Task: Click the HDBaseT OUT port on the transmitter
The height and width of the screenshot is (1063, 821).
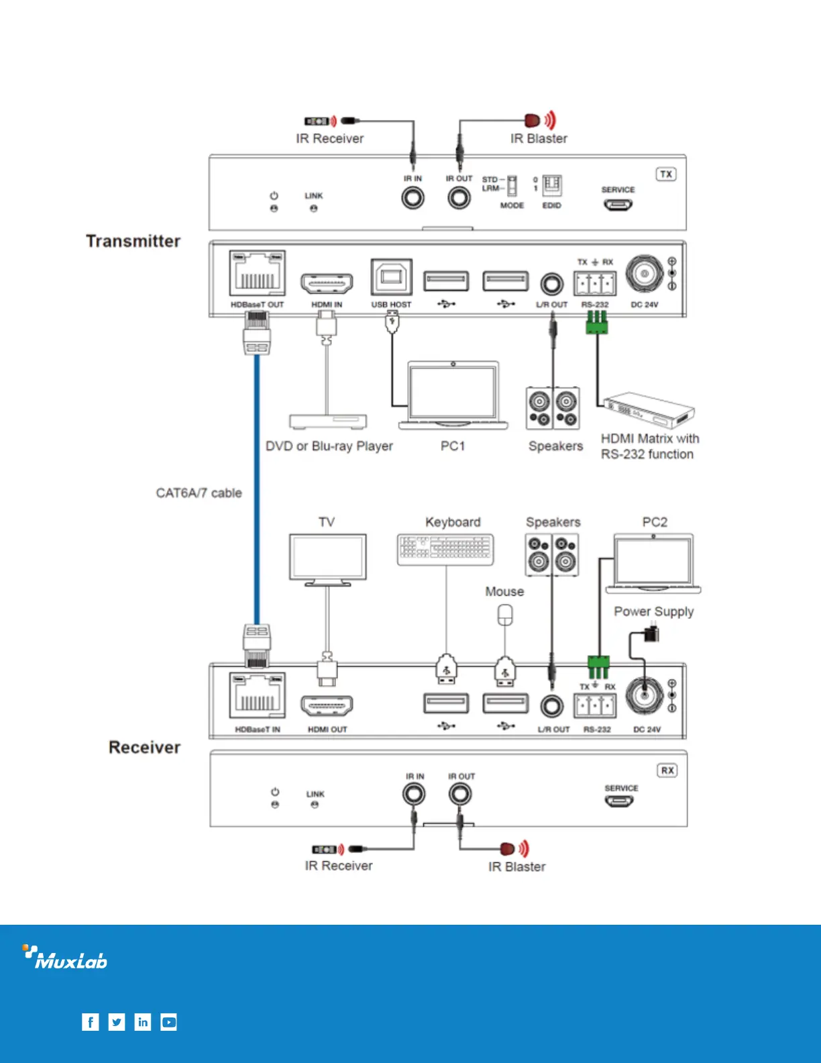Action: pyautogui.click(x=257, y=273)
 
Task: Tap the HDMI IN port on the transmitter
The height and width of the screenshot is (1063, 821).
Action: pyautogui.click(x=327, y=284)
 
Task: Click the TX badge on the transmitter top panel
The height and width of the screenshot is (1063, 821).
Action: pyautogui.click(x=665, y=174)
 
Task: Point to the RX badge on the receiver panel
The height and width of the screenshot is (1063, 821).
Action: pyautogui.click(x=667, y=770)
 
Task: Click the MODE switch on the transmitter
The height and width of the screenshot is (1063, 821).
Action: pyautogui.click(x=512, y=185)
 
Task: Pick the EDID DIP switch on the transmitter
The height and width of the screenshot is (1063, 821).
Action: pyautogui.click(x=551, y=185)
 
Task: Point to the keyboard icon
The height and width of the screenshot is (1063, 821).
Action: pyautogui.click(x=445, y=550)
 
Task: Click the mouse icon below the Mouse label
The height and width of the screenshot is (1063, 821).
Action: pyautogui.click(x=505, y=615)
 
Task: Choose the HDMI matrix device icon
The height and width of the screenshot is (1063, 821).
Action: pyautogui.click(x=649, y=410)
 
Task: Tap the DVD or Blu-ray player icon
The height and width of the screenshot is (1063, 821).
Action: pyautogui.click(x=328, y=421)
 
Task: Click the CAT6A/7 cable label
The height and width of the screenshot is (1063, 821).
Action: pyautogui.click(x=199, y=493)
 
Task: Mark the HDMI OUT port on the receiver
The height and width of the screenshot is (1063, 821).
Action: pyautogui.click(x=327, y=705)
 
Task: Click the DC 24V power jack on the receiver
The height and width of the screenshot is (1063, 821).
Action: pyautogui.click(x=645, y=696)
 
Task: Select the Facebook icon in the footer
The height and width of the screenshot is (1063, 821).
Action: pyautogui.click(x=90, y=1022)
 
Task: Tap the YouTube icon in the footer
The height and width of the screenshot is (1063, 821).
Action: pyautogui.click(x=169, y=1022)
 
